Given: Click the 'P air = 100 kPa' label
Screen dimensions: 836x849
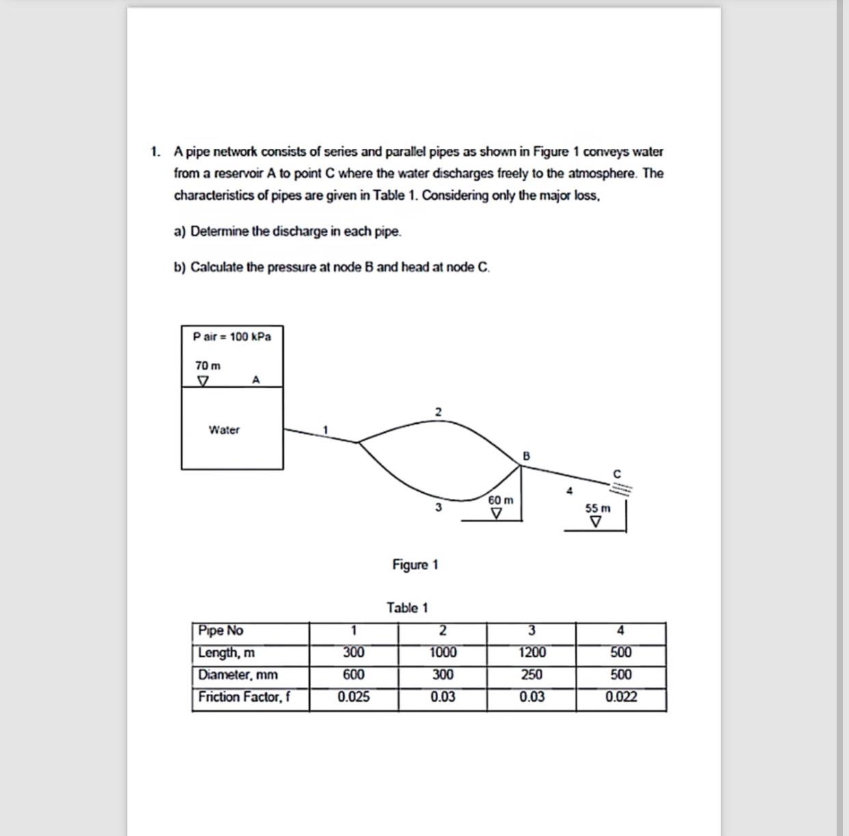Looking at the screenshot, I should point(232,336).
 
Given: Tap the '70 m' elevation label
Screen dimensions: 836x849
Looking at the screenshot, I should point(208,366).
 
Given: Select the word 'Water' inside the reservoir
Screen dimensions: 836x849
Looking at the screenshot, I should point(224,430).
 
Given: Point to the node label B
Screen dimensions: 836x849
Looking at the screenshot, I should point(526,455).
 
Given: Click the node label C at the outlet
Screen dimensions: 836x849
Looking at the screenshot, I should point(617,473).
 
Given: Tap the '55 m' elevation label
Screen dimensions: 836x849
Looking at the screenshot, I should point(597,508).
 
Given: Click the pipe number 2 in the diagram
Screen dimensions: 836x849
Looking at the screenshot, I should point(438,412).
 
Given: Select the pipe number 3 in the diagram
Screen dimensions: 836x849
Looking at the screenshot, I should point(438,507).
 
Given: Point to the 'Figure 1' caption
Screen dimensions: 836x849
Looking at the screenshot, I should point(415,565).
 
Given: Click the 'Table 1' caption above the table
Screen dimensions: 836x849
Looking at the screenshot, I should point(407,608).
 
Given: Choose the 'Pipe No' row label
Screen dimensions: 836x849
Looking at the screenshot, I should point(220,630).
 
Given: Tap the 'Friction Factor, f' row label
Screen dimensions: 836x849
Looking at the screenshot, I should point(244,697).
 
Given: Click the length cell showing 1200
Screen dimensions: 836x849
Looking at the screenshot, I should point(532,653).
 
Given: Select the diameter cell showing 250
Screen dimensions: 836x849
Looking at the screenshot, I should point(532,675).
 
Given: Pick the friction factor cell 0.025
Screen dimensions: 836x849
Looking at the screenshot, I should point(353,697).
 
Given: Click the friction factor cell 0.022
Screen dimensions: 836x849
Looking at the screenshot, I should point(621,697).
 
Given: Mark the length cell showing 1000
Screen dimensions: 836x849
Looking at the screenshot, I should point(443,653).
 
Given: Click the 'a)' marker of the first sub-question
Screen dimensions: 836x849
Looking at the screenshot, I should point(180,232).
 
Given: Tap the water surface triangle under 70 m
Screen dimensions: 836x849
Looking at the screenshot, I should point(202,380).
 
